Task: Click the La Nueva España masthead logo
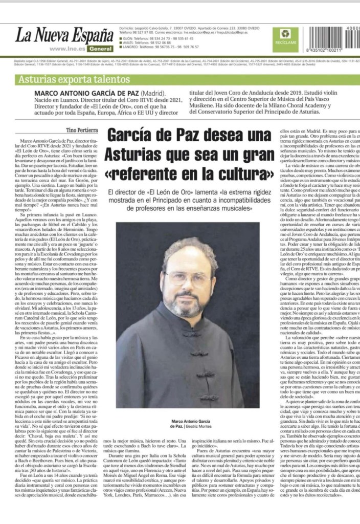point(64,36)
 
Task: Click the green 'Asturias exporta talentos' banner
point(74,80)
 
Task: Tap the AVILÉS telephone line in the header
point(153,42)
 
